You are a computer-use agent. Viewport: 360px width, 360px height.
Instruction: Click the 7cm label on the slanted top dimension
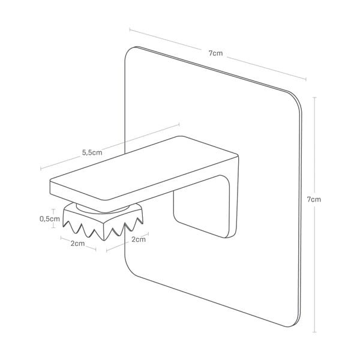click(216, 53)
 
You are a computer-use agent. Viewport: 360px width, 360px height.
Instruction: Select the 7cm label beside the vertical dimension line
click(314, 199)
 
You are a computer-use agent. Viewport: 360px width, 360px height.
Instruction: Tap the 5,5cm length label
click(92, 152)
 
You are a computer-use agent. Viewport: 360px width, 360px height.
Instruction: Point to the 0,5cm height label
click(49, 219)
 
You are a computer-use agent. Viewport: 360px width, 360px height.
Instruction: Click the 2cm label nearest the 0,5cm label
click(77, 243)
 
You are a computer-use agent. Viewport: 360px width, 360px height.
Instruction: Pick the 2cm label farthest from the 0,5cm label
click(137, 240)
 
